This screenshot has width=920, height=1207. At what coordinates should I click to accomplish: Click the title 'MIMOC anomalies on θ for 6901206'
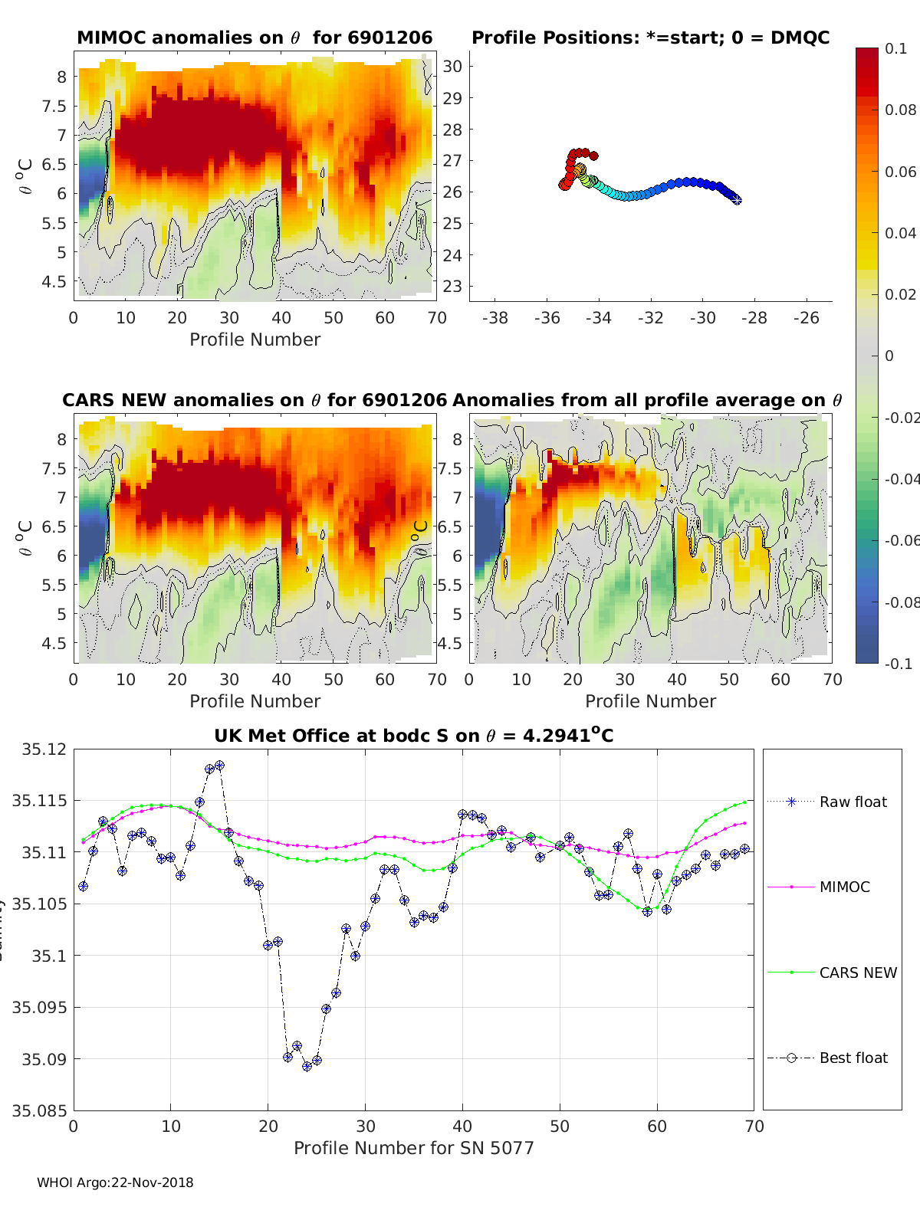255,38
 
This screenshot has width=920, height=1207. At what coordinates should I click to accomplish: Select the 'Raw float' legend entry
853,802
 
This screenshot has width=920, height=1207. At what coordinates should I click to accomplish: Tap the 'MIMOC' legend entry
844,887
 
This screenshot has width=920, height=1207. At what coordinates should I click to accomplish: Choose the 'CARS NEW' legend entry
857,972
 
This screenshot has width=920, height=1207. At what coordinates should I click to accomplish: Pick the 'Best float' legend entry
853,1058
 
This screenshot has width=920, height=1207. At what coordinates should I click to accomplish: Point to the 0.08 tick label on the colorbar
900,110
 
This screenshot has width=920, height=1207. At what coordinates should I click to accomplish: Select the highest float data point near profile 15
219,765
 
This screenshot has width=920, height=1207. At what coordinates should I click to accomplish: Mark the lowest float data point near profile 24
307,1066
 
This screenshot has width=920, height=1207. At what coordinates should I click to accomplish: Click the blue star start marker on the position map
737,199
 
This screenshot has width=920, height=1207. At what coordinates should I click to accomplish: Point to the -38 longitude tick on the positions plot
495,318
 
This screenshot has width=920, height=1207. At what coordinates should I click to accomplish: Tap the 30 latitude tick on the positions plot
452,66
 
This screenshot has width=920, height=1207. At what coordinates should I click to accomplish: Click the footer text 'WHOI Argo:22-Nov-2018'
115,1182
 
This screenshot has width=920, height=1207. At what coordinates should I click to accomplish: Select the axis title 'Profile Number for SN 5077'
413,1148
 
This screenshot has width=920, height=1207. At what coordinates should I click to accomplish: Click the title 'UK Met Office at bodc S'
413,736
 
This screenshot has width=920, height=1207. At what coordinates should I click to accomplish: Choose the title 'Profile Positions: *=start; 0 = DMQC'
650,38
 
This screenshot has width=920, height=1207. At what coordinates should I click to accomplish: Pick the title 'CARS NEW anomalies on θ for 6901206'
255,400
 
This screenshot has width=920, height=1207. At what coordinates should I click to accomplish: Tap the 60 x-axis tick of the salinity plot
657,1126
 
